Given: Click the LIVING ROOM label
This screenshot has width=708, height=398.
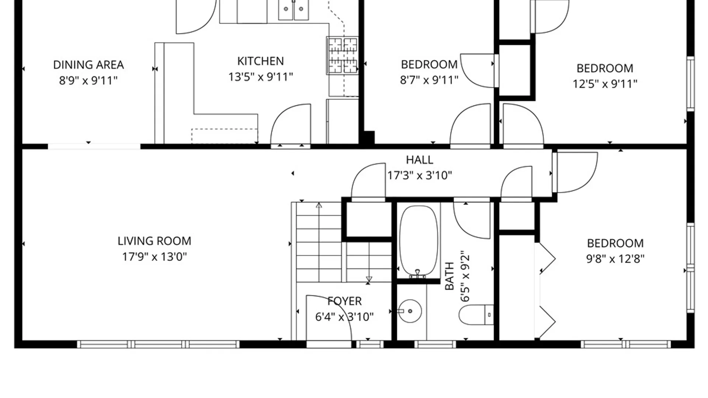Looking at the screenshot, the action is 154,241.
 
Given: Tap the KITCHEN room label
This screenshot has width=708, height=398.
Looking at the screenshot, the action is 260,61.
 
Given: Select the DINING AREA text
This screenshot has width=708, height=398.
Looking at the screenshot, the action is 88,65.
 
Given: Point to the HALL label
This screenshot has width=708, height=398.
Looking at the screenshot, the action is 419,160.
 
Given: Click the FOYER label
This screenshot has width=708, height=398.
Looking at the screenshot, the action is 344,301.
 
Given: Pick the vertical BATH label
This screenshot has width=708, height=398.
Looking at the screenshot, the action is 450,276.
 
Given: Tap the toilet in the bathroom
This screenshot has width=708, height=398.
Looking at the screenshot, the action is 476,315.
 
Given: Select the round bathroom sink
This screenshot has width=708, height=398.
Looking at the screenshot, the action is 410,311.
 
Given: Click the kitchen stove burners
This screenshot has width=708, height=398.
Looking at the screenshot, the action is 343,55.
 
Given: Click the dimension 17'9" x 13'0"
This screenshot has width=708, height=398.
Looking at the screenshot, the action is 155,256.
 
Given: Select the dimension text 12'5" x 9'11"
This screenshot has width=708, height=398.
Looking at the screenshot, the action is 605,84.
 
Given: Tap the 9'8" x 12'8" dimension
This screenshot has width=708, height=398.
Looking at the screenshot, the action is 615,259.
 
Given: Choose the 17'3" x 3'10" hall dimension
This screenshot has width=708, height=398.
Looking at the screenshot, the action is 419,175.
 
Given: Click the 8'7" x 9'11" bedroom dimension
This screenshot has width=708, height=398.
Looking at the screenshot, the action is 429,80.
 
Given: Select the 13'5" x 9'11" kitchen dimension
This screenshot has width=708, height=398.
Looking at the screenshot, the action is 260,77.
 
